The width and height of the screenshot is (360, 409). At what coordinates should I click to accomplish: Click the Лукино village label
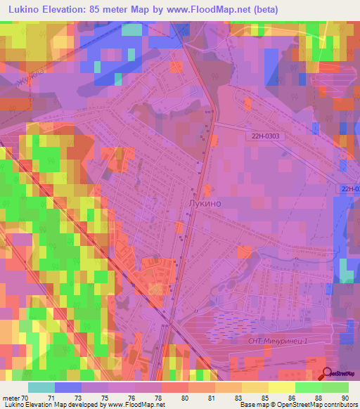coord(205,202)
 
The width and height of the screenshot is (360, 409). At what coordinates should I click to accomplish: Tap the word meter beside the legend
coord(11,398)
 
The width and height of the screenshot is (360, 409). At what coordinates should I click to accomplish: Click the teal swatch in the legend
coord(41,387)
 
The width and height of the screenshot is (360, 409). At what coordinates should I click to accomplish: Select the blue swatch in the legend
coord(68,387)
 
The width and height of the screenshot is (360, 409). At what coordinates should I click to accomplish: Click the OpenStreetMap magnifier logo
coord(326,373)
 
